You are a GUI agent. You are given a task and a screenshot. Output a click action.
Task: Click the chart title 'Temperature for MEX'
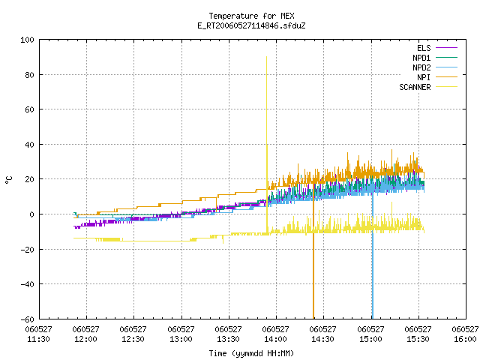pyautogui.click(x=251, y=16)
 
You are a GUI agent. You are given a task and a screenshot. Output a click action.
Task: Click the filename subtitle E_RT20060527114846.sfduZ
pyautogui.click(x=251, y=25)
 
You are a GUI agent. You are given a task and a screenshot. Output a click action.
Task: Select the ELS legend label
pyautogui.click(x=424, y=48)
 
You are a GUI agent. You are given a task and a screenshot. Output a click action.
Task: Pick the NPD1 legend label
pyautogui.click(x=421, y=58)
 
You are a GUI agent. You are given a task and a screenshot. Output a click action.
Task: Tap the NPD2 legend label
pyautogui.click(x=421, y=67)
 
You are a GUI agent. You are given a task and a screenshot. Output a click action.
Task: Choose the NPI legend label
pyautogui.click(x=424, y=77)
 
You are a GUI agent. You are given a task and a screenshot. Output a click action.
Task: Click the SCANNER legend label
pyautogui.click(x=415, y=87)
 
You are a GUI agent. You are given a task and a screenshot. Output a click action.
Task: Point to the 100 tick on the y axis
pyautogui.click(x=27, y=40)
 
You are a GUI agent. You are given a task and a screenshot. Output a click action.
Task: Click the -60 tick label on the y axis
pyautogui.click(x=27, y=319)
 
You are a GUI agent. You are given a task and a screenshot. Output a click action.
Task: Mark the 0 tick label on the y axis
pyautogui.click(x=31, y=214)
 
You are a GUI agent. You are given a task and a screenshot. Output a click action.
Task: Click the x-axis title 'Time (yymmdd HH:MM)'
pyautogui.click(x=251, y=353)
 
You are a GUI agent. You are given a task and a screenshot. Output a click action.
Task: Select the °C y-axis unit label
pyautogui.click(x=8, y=180)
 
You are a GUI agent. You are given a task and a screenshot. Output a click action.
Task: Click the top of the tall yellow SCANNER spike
pyautogui.click(x=267, y=57)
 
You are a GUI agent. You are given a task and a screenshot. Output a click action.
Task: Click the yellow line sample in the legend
pyautogui.click(x=446, y=87)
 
